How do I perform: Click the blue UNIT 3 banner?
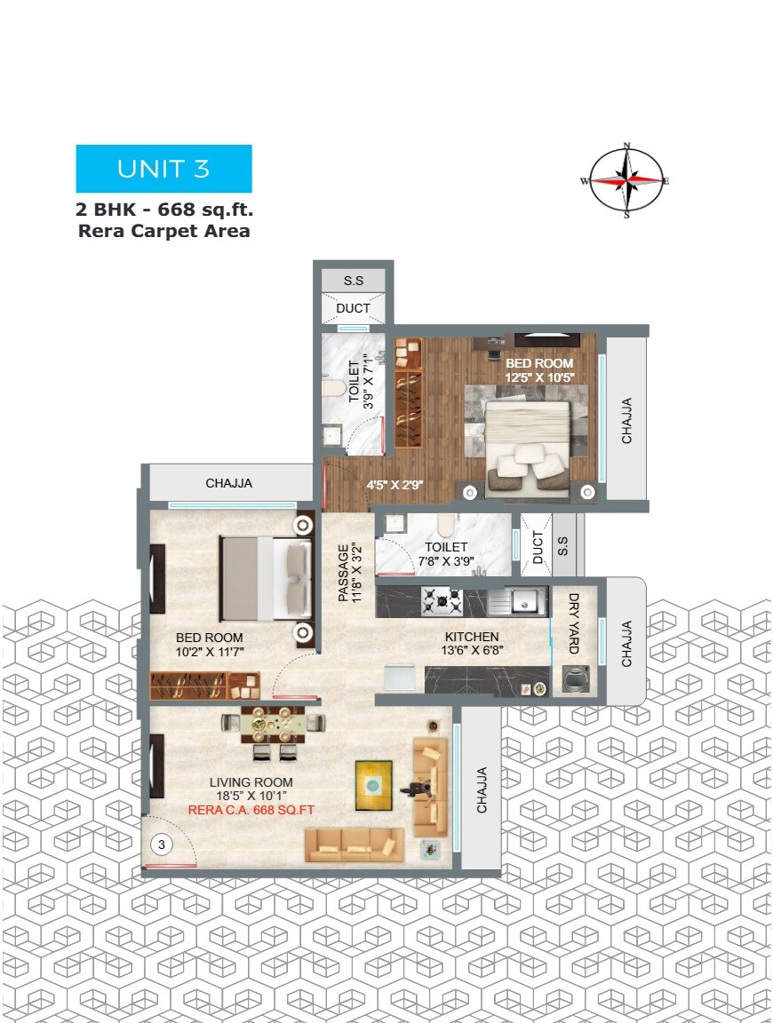pyautogui.click(x=163, y=169)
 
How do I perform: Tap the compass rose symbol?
pyautogui.click(x=626, y=179)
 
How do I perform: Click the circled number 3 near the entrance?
pyautogui.click(x=162, y=845)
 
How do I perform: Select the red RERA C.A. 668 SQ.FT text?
pyautogui.click(x=251, y=810)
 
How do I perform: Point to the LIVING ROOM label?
pyautogui.click(x=251, y=782)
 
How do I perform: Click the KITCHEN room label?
pyautogui.click(x=472, y=637)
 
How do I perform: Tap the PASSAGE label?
pyautogui.click(x=343, y=573)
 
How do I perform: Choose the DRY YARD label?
pyautogui.click(x=574, y=623)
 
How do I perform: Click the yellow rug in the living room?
pyautogui.click(x=374, y=785)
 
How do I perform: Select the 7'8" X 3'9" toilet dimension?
pyautogui.click(x=446, y=561)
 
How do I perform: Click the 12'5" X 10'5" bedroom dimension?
pyautogui.click(x=540, y=377)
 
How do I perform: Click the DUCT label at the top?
pyautogui.click(x=353, y=308)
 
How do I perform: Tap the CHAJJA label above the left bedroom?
pyautogui.click(x=229, y=484)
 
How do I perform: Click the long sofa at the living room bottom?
pyautogui.click(x=355, y=846)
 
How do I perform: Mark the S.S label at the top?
pyautogui.click(x=353, y=281)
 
